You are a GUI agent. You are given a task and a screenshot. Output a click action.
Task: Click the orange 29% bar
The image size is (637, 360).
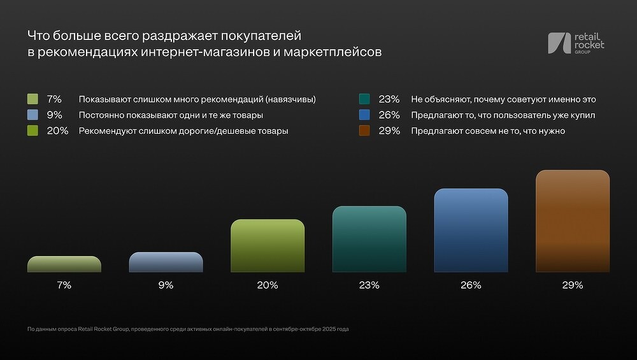click(x=573, y=221)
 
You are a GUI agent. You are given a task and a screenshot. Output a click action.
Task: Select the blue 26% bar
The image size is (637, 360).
click(x=471, y=231)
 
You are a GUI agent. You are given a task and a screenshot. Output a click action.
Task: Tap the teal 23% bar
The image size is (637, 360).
click(x=369, y=240)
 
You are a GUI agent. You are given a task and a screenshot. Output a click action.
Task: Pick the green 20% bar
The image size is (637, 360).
click(x=268, y=246)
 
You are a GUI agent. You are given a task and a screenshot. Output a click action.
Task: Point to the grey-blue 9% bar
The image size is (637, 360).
click(x=166, y=263)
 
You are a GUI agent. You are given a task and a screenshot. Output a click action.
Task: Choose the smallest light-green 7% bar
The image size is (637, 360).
click(x=64, y=264)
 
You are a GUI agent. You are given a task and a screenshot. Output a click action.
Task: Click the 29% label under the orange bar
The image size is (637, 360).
click(x=573, y=285)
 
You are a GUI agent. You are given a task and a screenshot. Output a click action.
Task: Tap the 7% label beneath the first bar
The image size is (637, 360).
click(x=64, y=285)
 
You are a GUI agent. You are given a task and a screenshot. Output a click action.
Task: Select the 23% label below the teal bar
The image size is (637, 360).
click(x=369, y=285)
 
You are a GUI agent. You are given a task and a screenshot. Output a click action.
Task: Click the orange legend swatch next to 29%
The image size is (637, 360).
click(x=364, y=131)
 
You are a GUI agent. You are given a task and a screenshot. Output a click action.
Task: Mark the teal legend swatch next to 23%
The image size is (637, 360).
click(x=364, y=99)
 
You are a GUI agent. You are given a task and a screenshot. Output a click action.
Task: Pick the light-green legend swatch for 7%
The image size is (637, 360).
click(x=33, y=99)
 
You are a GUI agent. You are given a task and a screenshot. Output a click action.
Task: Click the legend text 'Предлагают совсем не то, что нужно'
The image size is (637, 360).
click(x=488, y=131)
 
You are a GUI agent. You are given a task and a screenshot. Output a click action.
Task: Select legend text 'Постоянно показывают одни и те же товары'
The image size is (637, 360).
click(x=171, y=115)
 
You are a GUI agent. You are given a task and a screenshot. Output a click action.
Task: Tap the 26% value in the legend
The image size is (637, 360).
click(x=389, y=115)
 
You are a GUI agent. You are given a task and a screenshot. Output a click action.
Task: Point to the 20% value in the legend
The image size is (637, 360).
click(x=58, y=131)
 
